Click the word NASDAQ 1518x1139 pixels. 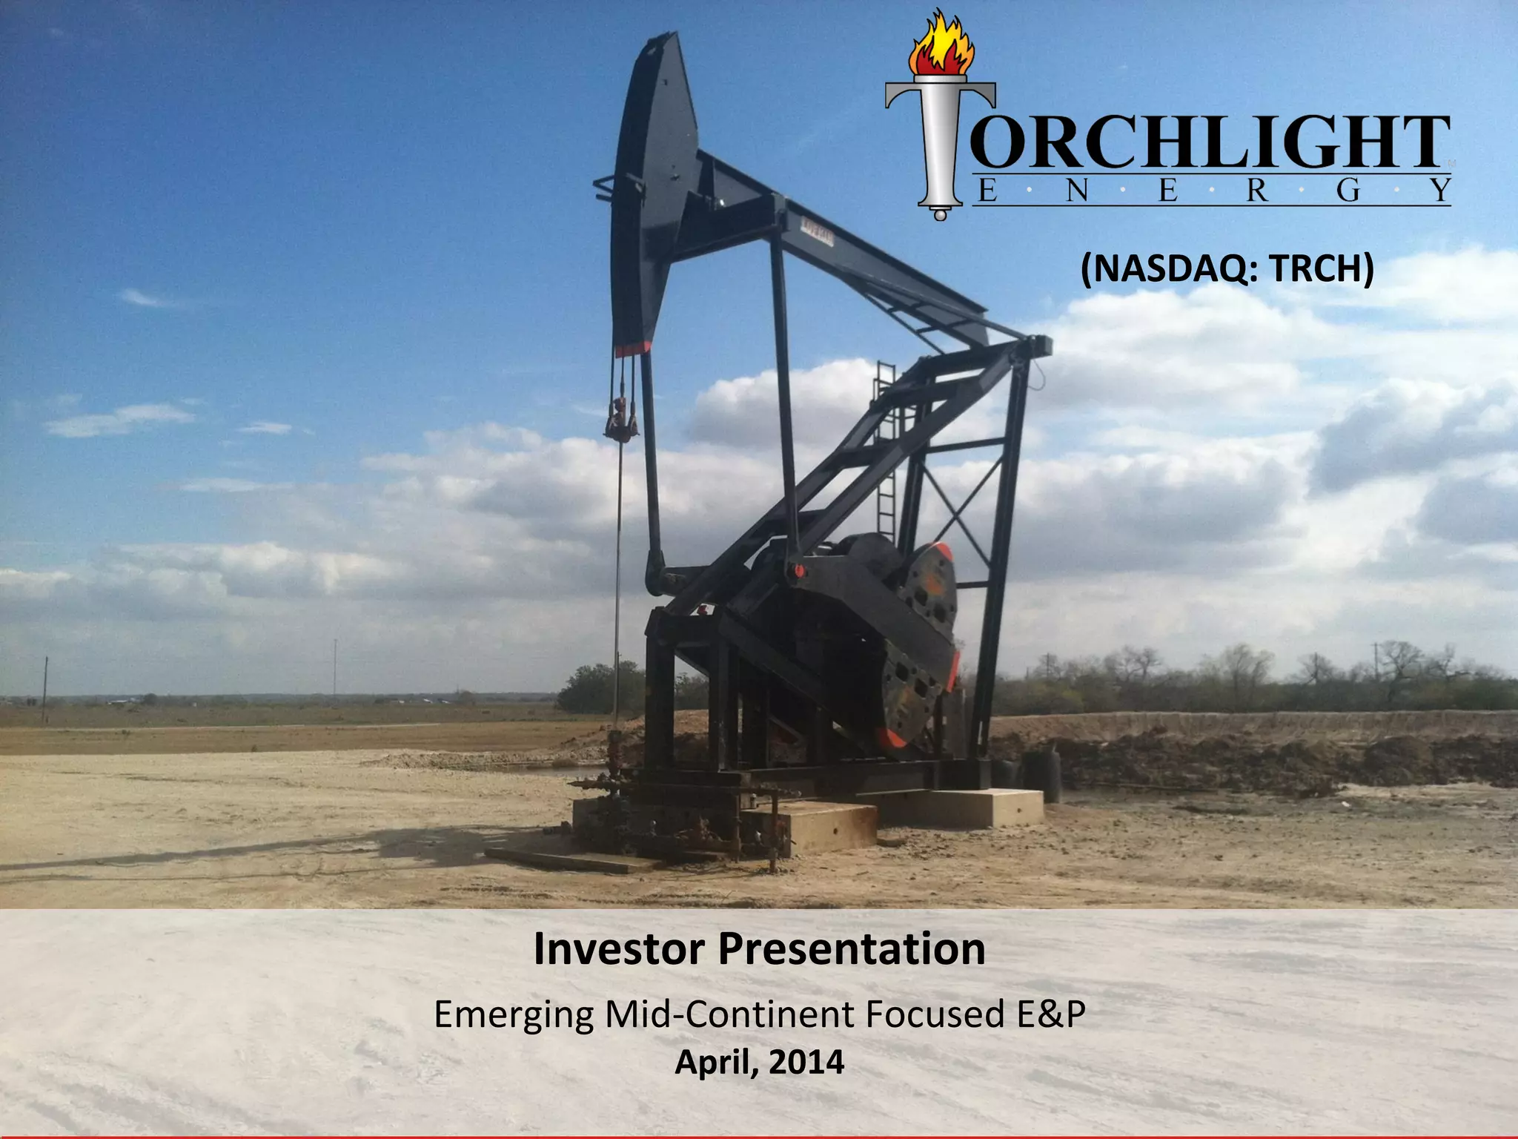(x=1171, y=268)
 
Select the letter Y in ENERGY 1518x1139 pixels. (x=1439, y=191)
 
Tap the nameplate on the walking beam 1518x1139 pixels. (x=817, y=234)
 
